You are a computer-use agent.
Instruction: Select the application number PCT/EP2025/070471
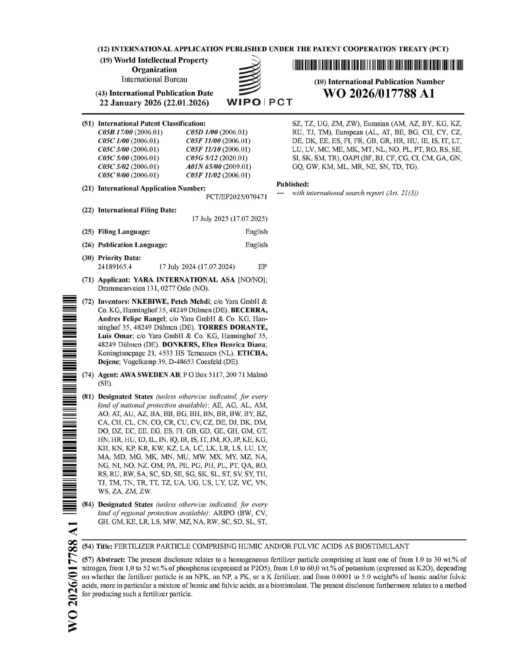click(x=237, y=197)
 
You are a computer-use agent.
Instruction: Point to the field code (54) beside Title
click(x=88, y=546)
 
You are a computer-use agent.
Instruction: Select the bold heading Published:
click(x=292, y=184)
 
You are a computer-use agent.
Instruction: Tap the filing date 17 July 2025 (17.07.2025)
click(x=229, y=219)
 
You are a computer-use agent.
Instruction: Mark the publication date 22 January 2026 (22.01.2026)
click(x=154, y=103)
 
